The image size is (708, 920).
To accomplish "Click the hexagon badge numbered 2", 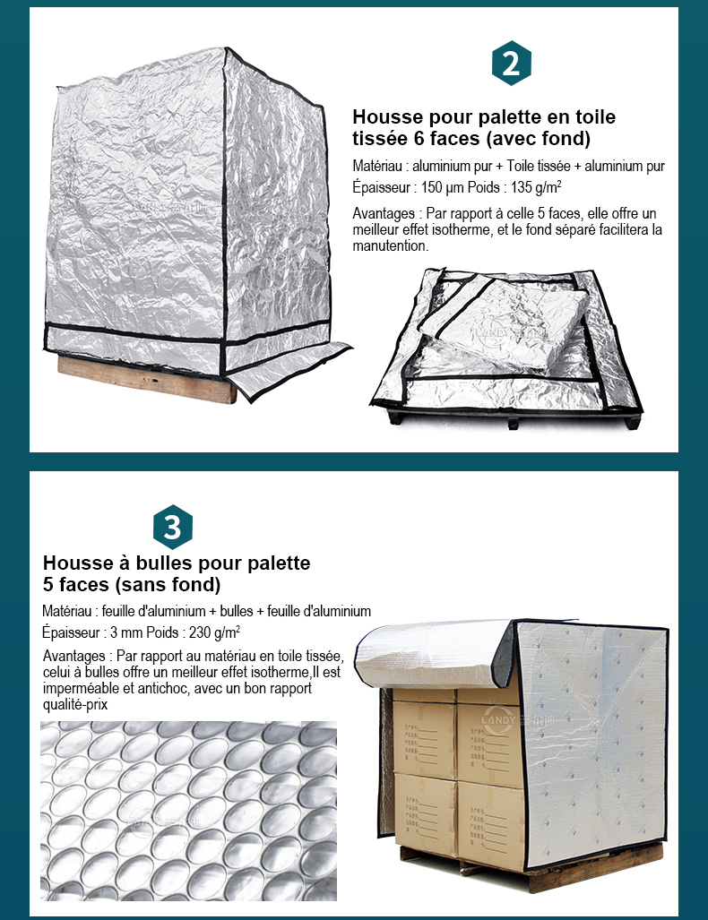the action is (512, 63).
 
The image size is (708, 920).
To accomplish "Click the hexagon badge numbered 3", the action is (173, 527).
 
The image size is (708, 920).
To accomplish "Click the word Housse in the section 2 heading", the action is (387, 116).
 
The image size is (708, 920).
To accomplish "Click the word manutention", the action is (391, 245).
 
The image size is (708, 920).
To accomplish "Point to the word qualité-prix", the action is (75, 705).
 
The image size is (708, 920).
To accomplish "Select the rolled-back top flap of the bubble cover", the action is (436, 654).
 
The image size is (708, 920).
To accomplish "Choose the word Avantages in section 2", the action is (384, 213).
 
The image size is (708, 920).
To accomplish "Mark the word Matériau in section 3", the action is (66, 611).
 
